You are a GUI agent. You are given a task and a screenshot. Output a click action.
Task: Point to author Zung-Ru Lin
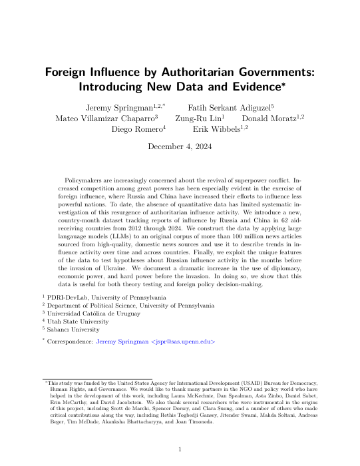tap(197, 117)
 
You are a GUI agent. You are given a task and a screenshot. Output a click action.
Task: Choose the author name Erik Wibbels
tap(216, 129)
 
